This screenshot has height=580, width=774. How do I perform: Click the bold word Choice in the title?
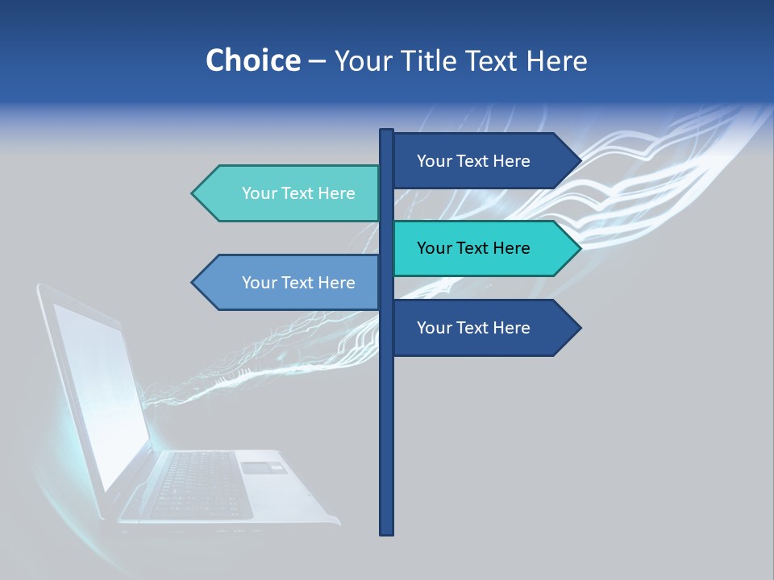click(252, 60)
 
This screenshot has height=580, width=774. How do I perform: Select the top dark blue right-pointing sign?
click(476, 160)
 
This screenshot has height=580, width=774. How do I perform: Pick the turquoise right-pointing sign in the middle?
click(476, 248)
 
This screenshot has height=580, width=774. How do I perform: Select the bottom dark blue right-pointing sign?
click(476, 328)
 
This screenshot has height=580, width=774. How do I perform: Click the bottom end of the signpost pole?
click(387, 532)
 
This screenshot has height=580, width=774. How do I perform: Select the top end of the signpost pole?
click(387, 131)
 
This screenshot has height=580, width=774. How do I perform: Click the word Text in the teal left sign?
click(298, 193)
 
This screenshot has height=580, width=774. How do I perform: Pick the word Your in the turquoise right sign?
click(435, 248)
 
